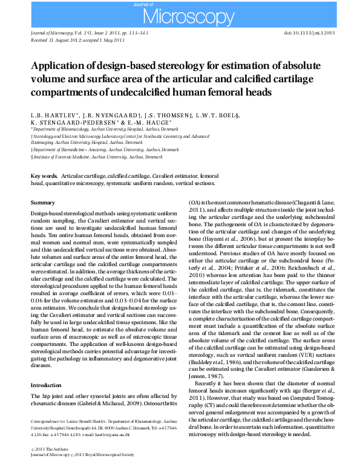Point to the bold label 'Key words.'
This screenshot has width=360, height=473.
click(x=45, y=175)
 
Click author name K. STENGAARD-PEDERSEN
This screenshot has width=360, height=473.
click(x=75, y=122)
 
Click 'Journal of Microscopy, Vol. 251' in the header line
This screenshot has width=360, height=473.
click(x=61, y=34)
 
